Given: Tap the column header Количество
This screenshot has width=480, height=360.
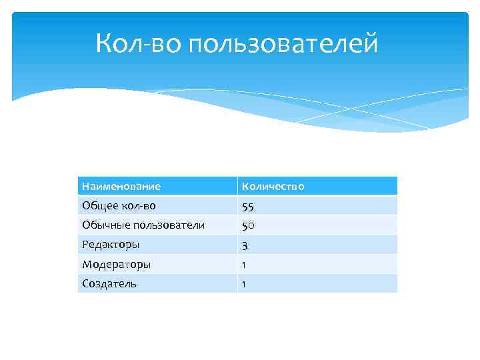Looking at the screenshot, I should [273, 186].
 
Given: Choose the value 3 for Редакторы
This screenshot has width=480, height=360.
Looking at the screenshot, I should [245, 245].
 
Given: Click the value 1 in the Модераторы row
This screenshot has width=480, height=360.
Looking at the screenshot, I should [244, 265].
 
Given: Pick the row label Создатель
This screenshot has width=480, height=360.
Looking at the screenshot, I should [109, 283].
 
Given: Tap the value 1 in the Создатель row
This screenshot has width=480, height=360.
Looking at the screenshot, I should [244, 284].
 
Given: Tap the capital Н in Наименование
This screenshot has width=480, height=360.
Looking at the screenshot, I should [85, 186].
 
